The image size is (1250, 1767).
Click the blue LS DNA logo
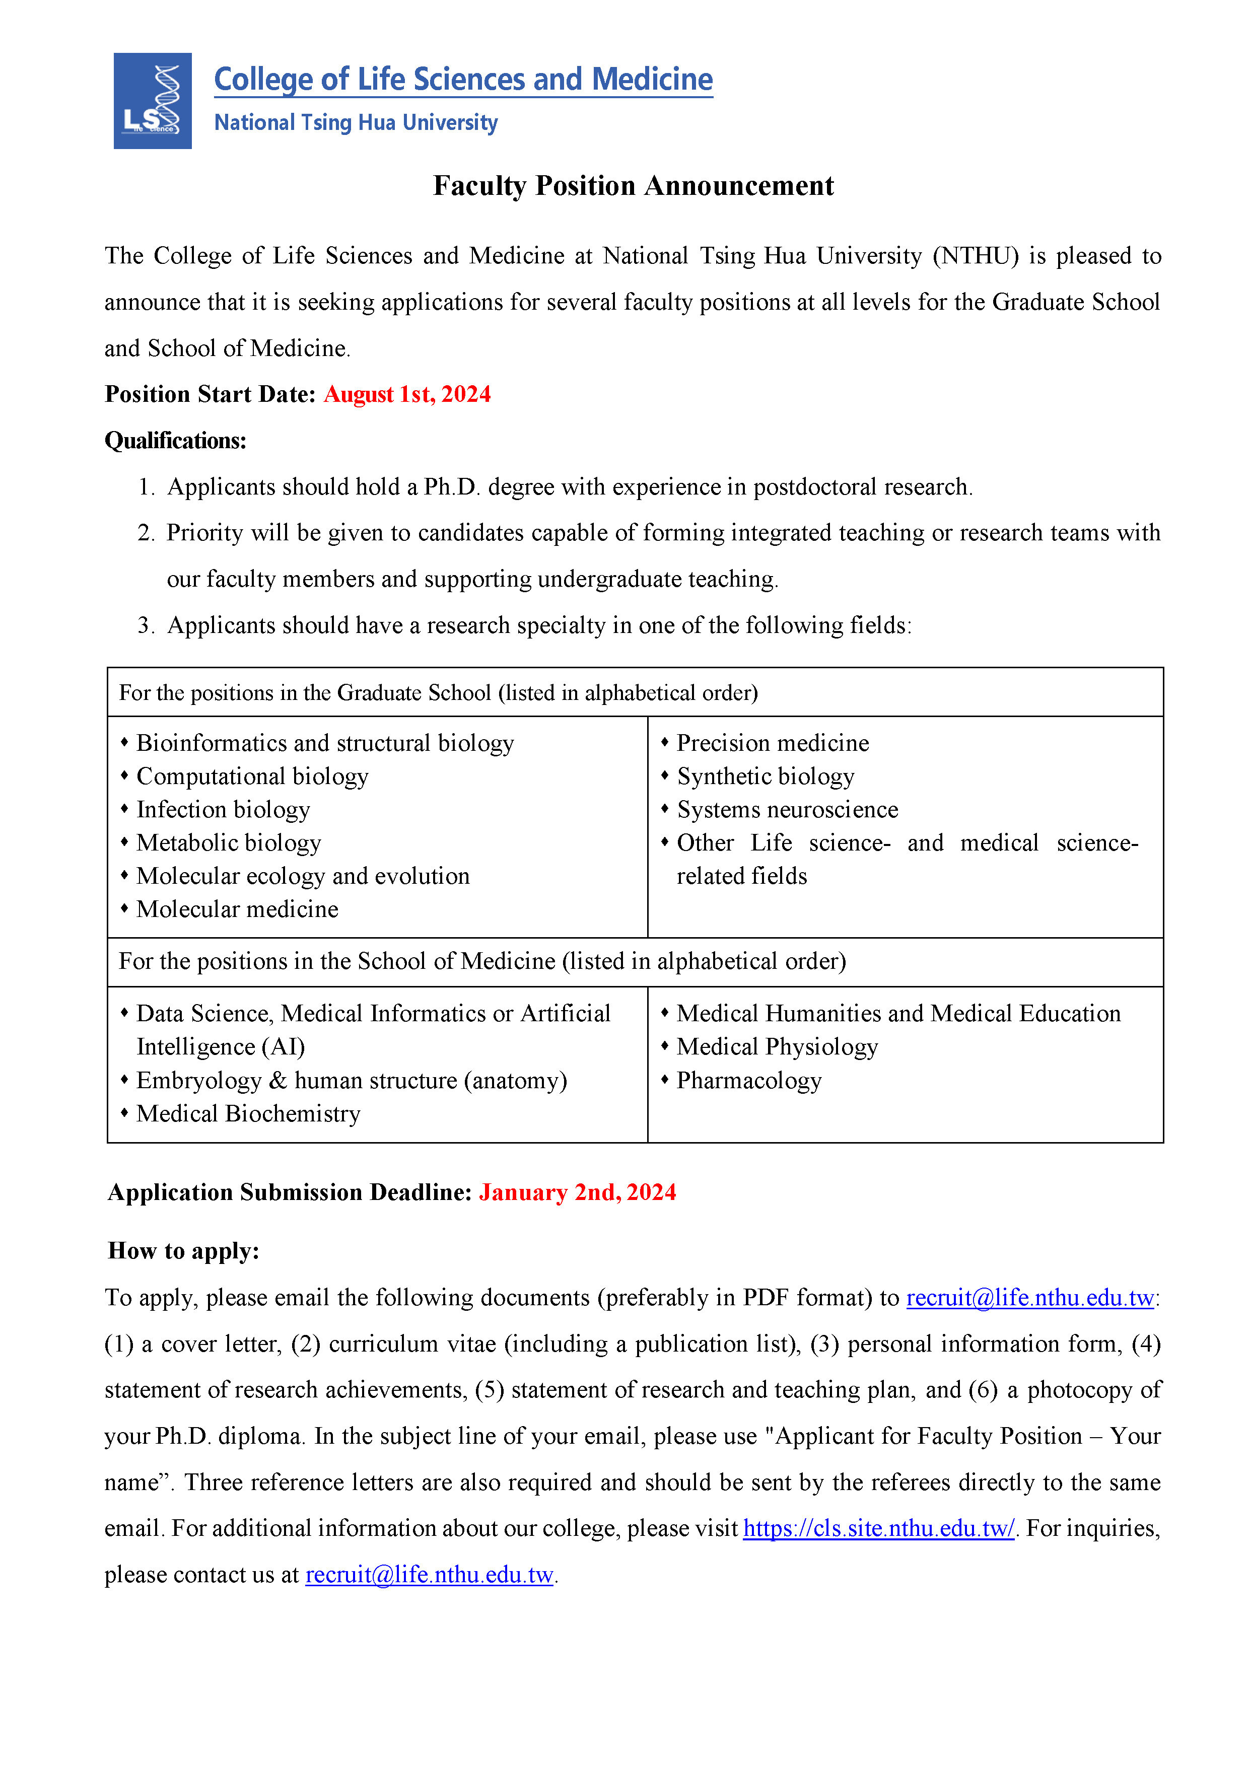[153, 101]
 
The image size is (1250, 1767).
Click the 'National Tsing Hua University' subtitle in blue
[356, 122]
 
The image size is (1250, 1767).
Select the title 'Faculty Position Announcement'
[633, 185]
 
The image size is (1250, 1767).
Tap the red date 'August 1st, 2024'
[407, 394]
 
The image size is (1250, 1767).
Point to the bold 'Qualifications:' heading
[175, 440]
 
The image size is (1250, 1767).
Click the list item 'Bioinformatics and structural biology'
[325, 743]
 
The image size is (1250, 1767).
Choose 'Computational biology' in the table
[252, 776]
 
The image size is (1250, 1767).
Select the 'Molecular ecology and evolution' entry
[303, 876]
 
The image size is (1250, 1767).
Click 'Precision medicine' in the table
[773, 743]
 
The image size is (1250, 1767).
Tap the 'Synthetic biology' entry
[766, 776]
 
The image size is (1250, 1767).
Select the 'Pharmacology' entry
[749, 1081]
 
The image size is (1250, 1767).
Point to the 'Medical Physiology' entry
[778, 1047]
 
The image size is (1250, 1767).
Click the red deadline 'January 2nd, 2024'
[577, 1192]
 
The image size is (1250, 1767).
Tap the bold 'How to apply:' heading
[184, 1251]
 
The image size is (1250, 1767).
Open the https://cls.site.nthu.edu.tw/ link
[879, 1528]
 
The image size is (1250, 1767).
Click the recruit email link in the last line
[430, 1575]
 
